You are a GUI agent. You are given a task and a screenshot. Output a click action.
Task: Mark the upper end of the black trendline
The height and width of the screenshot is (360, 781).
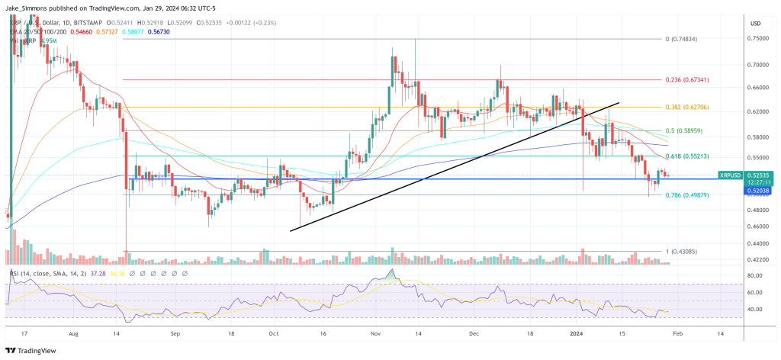[x=618, y=101]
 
